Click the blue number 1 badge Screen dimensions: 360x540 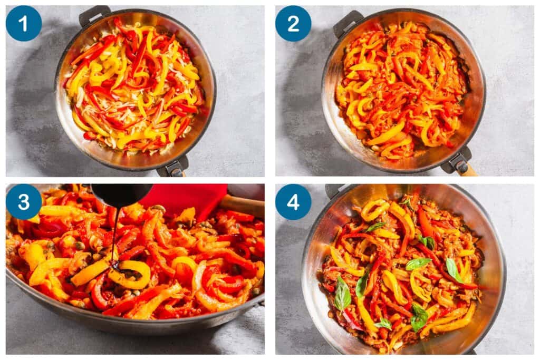click(23, 23)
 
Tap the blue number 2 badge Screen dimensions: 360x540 click(293, 23)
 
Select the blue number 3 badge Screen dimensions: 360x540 click(23, 201)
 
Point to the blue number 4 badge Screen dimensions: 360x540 click(293, 201)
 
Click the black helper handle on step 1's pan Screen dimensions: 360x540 click(94, 15)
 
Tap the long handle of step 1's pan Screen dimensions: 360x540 click(173, 167)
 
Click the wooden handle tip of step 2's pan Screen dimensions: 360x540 click(469, 170)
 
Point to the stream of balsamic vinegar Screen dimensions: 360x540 click(114, 232)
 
